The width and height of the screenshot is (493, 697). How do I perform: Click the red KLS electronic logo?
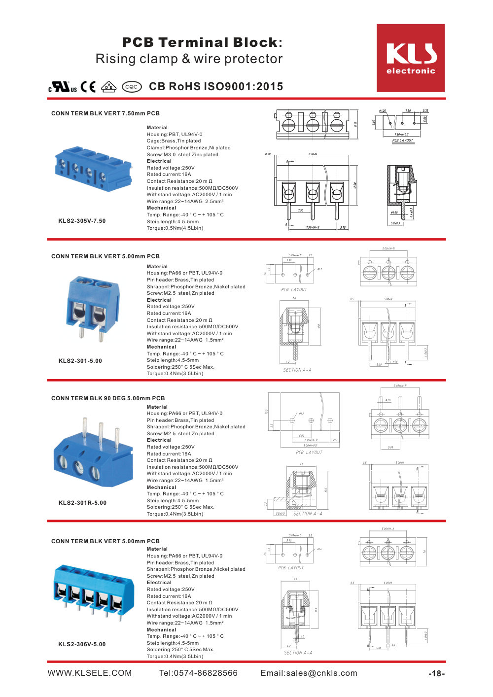click(411, 58)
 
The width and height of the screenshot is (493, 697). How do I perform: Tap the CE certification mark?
click(88, 87)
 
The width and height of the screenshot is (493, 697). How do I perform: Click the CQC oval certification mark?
click(132, 87)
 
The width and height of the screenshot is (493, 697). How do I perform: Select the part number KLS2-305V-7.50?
click(82, 221)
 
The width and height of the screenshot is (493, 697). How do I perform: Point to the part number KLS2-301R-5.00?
click(82, 503)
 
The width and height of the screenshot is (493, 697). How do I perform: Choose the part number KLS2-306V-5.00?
click(82, 644)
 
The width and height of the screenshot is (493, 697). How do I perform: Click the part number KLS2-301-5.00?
click(80, 361)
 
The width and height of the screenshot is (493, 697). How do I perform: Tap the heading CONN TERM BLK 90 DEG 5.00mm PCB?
click(108, 398)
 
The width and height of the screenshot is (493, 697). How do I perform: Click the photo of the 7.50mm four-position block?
click(93, 169)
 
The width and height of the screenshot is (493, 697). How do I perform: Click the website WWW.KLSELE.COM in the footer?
click(90, 673)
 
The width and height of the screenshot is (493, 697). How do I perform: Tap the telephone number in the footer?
click(198, 673)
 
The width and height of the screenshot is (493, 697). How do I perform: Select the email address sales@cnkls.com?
click(309, 673)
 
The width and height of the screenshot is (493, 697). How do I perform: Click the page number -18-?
click(436, 674)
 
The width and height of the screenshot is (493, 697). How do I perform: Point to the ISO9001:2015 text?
click(244, 87)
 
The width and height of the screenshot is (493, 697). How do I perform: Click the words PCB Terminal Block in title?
click(200, 42)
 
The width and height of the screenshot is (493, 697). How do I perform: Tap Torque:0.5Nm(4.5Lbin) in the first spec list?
click(175, 228)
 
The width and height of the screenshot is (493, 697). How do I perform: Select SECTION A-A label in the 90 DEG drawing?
click(308, 514)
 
